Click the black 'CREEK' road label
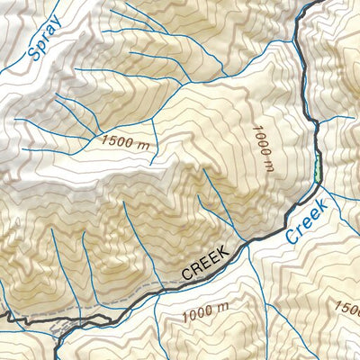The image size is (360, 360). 206,260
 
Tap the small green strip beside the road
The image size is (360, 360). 318,167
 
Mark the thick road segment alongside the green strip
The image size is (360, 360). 314,167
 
